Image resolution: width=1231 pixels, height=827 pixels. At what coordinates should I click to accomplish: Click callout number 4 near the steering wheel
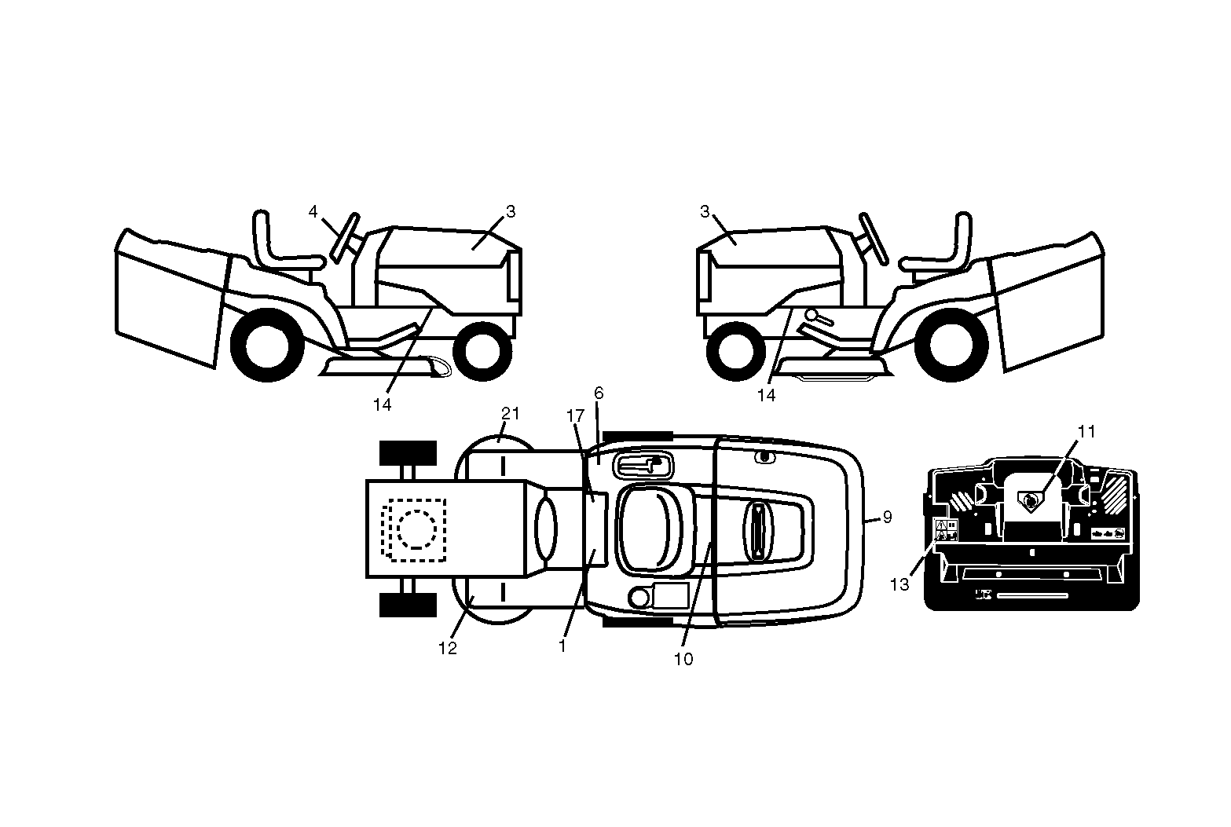pos(313,211)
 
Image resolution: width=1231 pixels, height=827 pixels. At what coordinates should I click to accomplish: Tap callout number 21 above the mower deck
pos(511,413)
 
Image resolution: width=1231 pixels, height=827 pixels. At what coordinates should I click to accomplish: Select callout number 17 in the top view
pos(575,416)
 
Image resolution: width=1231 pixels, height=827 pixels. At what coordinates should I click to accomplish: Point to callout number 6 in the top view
pos(599,393)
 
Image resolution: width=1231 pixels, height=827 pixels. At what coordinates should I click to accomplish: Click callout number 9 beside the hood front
pos(887,517)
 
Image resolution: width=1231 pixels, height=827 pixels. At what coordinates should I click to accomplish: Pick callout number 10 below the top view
pos(683,660)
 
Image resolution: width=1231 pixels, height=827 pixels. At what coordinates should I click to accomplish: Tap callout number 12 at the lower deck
pos(447,649)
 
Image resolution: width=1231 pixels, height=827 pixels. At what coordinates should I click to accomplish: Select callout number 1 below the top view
pos(562,646)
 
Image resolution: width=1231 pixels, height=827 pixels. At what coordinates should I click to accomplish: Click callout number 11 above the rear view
pos(1086,432)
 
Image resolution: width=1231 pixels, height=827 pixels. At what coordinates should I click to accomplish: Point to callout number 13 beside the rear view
pos(899,584)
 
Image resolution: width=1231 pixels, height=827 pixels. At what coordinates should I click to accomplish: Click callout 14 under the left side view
pos(382,405)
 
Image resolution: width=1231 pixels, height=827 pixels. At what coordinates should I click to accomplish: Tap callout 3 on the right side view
pos(705,211)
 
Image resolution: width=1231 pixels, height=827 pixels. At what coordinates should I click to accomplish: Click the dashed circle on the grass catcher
pos(416,510)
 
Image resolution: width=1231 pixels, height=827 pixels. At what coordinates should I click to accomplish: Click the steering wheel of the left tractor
pos(346,238)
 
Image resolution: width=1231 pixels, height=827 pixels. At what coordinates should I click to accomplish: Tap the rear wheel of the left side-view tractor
pos(267,345)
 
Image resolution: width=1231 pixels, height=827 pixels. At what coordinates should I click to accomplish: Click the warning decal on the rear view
pos(947,529)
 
